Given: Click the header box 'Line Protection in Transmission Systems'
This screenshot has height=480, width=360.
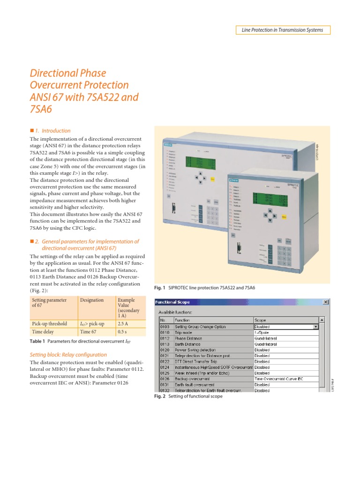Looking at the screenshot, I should [x=282, y=30].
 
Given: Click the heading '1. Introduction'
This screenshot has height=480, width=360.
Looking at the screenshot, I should [x=53, y=131].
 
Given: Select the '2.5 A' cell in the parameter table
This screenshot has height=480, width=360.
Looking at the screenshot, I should [x=123, y=323].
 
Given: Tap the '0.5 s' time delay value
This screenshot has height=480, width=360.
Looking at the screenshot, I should [x=123, y=331].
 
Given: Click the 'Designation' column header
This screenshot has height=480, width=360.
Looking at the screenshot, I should [x=92, y=300].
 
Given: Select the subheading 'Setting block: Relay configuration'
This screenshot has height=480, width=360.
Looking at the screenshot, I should [x=68, y=355].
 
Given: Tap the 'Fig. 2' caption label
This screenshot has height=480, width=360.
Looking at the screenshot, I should [x=160, y=396].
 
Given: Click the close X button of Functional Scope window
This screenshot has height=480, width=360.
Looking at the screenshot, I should [x=325, y=303].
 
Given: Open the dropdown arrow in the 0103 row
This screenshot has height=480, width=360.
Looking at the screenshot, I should [x=316, y=327].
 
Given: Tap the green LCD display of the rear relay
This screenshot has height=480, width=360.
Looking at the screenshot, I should [x=201, y=163].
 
